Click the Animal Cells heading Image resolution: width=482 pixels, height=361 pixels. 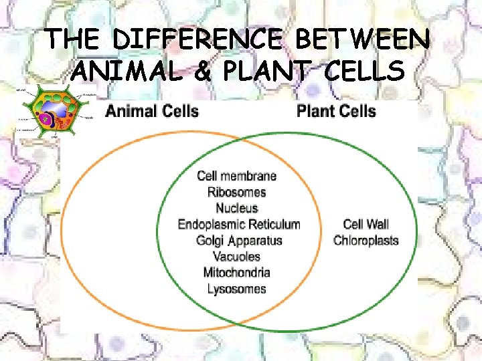click(x=152, y=110)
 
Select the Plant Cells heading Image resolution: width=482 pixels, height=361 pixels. click(x=336, y=110)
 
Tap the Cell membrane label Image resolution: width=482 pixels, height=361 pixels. click(x=236, y=176)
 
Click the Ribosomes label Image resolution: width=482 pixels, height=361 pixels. click(x=236, y=192)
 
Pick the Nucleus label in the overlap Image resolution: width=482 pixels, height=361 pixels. click(x=236, y=208)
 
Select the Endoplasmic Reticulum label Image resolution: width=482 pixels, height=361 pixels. click(x=238, y=225)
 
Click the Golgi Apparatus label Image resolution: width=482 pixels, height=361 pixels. click(x=239, y=241)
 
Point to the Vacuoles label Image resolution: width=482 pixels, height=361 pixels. click(x=236, y=257)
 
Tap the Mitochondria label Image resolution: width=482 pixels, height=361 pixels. click(x=236, y=273)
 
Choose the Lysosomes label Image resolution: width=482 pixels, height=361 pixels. click(x=236, y=289)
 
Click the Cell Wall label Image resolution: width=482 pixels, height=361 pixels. click(x=366, y=225)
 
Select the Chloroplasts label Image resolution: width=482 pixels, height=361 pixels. click(x=366, y=241)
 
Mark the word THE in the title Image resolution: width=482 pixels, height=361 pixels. click(x=74, y=39)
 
